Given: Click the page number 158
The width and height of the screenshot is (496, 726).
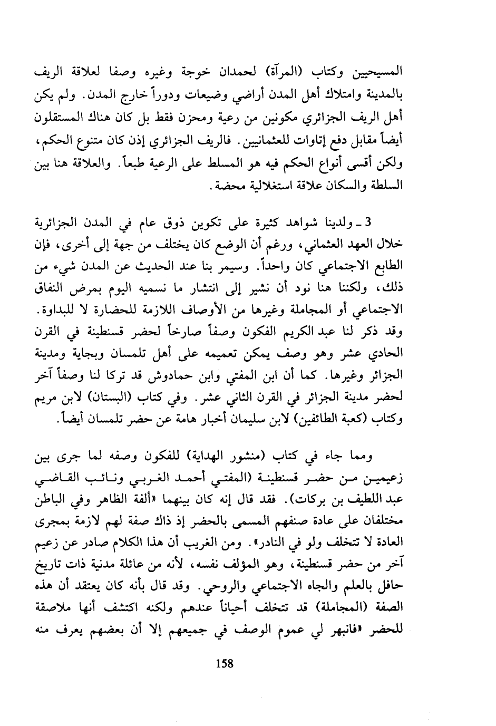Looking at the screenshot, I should tap(225, 663).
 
